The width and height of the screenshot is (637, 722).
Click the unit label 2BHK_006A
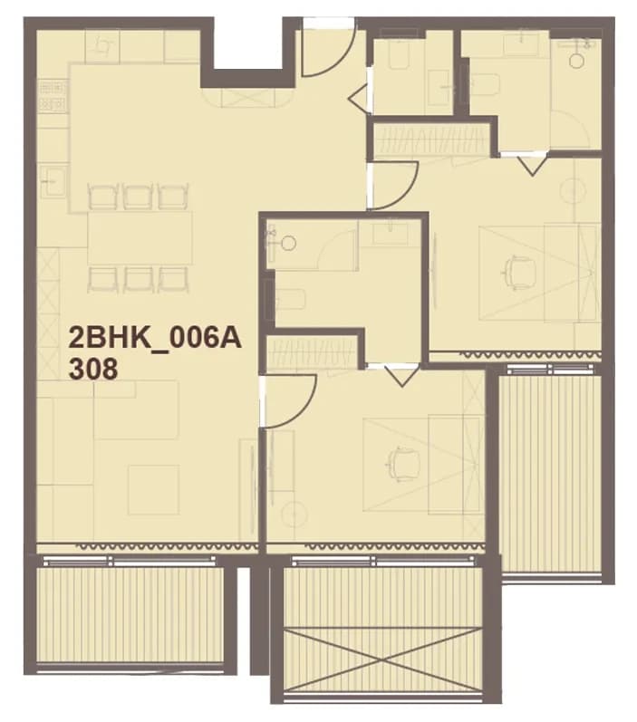(155, 339)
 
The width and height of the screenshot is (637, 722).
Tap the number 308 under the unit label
(93, 369)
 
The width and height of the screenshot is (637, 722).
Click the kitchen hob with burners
(52, 95)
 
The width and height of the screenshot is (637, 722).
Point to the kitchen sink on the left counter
(53, 181)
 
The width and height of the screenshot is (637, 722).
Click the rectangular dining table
(140, 237)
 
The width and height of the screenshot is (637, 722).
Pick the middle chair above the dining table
(137, 197)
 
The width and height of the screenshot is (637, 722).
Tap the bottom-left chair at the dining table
(102, 280)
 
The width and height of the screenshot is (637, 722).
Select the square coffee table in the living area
(153, 489)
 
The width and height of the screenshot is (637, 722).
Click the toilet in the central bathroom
(290, 299)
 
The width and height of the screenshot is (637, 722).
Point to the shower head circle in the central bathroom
(289, 243)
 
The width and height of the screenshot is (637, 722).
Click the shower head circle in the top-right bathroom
(576, 61)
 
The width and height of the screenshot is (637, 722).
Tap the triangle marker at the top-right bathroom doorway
(532, 166)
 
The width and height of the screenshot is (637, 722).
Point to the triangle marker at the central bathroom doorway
(401, 375)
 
